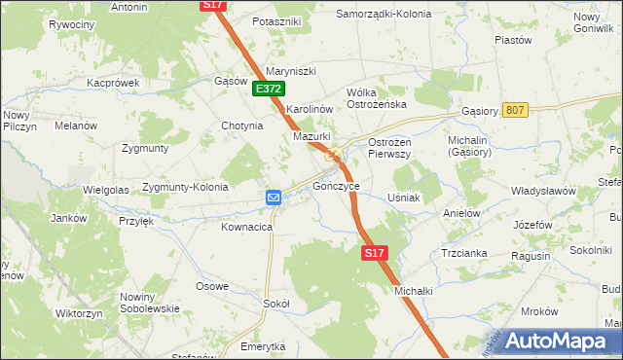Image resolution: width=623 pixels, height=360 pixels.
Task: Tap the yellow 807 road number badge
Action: (516, 110)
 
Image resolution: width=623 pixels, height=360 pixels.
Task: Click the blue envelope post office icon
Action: (274, 198)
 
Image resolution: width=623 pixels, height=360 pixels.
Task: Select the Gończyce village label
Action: (336, 185)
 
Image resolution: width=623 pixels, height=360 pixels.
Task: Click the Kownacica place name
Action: (245, 227)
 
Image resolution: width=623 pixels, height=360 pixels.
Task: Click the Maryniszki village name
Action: (292, 70)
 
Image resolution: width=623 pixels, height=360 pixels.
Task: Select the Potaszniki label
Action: (276, 20)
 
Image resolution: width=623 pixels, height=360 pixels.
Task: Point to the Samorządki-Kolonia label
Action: (384, 15)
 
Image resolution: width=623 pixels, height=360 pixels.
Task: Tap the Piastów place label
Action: (513, 40)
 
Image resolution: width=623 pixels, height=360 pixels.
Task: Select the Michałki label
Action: (412, 290)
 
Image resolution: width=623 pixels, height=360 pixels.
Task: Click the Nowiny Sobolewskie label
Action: (150, 303)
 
